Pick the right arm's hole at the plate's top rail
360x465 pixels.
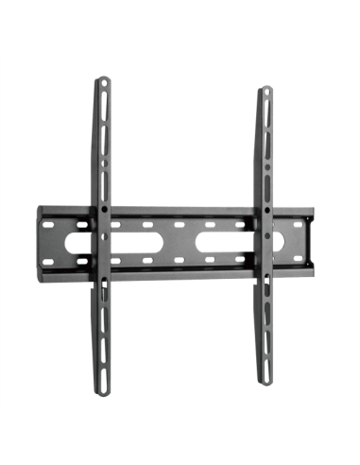262,213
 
